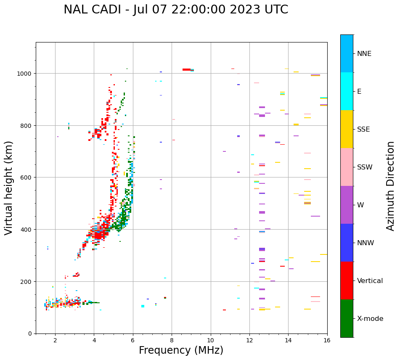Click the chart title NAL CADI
[176, 10]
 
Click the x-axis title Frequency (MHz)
[181, 350]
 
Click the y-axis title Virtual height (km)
[9, 188]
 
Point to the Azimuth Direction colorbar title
[391, 186]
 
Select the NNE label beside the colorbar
[364, 53]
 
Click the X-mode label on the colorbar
[370, 319]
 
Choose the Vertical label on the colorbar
[370, 281]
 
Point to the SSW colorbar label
[365, 167]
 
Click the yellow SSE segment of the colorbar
[347, 129]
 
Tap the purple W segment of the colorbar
[347, 205]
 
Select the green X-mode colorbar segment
[347, 318]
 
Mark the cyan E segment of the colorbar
[347, 91]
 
